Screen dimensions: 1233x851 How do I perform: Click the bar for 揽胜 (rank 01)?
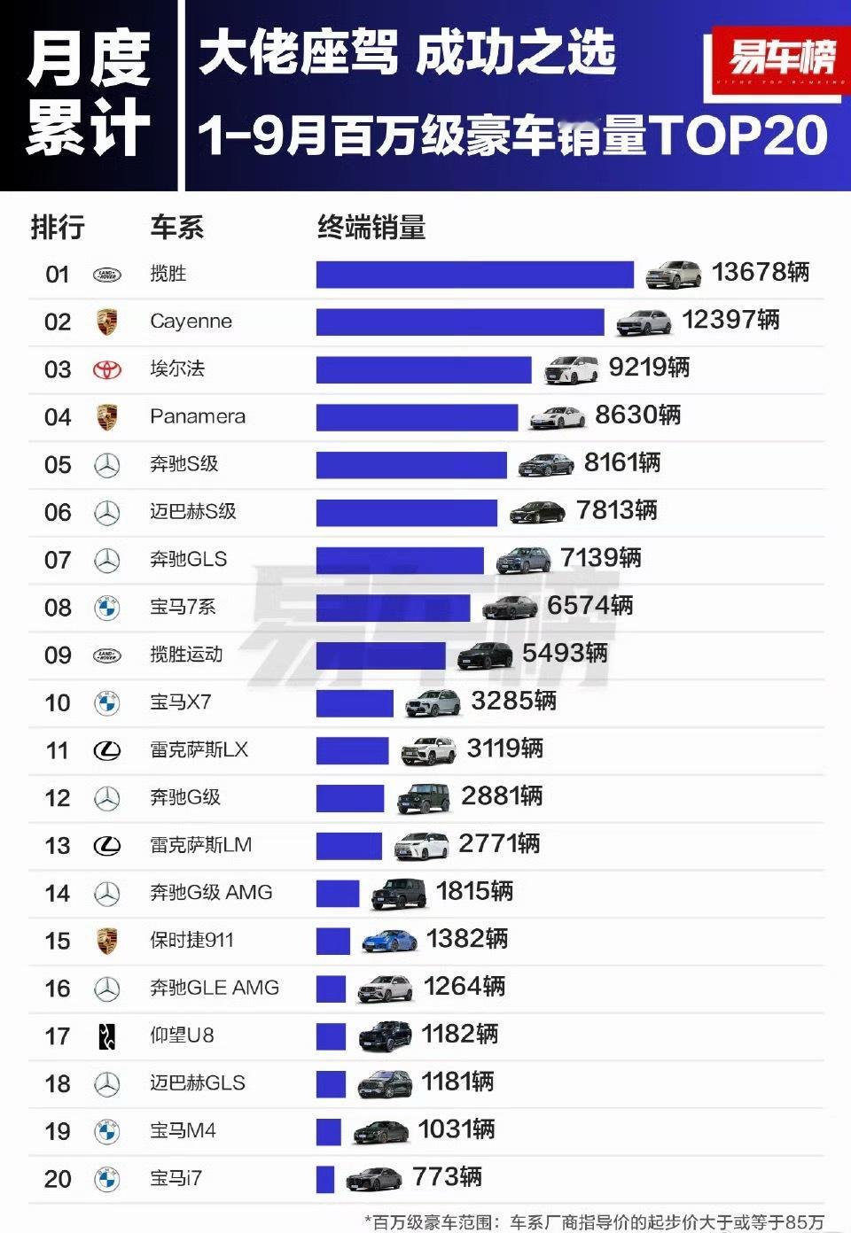pos(474,275)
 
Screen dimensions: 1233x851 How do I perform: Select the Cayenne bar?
pos(459,322)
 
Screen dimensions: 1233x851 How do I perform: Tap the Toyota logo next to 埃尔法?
pos(107,369)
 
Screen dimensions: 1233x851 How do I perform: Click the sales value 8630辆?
pos(637,415)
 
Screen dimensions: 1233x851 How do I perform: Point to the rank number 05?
pos(58,465)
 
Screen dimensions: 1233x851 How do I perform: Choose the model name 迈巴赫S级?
pos(193,512)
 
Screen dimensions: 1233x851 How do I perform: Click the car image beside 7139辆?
pos(523,560)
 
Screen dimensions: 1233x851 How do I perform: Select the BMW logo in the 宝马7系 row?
pos(107,608)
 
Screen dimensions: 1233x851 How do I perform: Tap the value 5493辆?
pos(565,654)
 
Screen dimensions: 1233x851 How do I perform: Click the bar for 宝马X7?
pos(355,703)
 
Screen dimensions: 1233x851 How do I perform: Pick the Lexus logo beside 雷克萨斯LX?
pos(107,751)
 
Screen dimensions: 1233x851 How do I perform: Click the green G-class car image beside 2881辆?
pos(424,798)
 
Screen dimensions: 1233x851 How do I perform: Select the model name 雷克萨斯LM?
pos(200,846)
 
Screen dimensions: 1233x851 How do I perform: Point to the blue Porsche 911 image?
pos(390,941)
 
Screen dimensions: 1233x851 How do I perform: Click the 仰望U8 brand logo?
pos(107,1036)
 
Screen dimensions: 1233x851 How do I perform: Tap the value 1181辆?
pos(457,1082)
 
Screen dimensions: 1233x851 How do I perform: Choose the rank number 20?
pos(58,1180)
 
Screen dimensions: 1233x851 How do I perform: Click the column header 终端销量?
pos(371,229)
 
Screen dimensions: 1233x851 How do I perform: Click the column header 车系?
pos(176,229)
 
